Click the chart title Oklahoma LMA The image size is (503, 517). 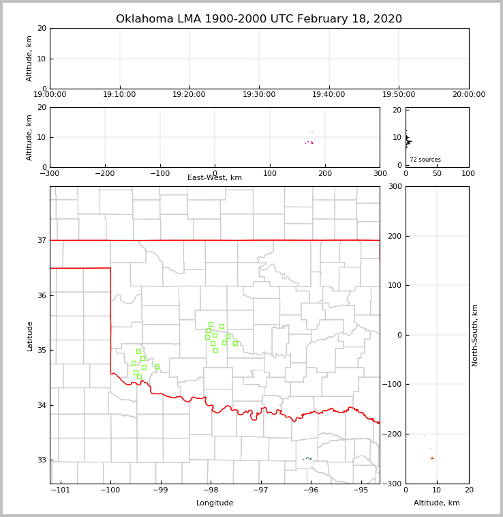coord(259,19)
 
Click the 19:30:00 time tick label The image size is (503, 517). coord(259,95)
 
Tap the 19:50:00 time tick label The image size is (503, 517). coord(399,95)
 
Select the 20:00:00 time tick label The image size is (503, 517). coord(469,95)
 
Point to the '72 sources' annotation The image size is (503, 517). coord(425,160)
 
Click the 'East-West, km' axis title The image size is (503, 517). coord(215,178)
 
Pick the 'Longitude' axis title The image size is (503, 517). coord(215,503)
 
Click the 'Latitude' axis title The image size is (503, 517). coord(30,336)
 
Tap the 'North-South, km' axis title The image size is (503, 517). coord(476,335)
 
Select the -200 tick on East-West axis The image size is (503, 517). coord(104,174)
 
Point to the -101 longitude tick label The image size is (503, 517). coord(61,490)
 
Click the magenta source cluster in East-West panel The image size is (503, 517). coord(311,142)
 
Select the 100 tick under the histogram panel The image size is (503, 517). coord(469,174)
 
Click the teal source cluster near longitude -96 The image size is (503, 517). coord(309,458)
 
